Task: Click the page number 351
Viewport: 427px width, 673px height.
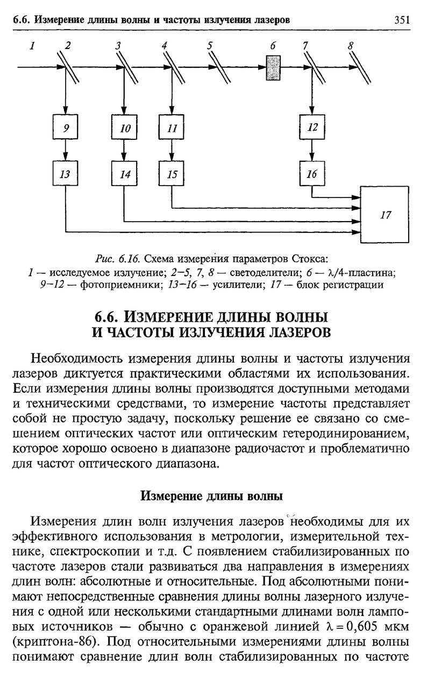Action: (x=402, y=20)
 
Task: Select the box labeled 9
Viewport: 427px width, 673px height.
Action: (x=66, y=127)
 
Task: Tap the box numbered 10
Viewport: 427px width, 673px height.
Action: (x=124, y=127)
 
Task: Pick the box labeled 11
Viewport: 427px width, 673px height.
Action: (x=172, y=127)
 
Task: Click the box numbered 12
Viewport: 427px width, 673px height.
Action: (x=312, y=127)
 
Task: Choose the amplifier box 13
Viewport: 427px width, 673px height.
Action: (x=66, y=173)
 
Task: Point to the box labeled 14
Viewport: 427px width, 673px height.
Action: (x=124, y=173)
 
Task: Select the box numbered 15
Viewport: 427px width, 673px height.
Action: (x=172, y=173)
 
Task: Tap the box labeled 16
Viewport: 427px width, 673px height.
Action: (x=312, y=173)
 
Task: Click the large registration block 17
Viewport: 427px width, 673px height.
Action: (x=385, y=215)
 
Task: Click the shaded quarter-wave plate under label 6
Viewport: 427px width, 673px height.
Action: (x=273, y=68)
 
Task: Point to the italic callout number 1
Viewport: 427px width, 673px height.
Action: (x=32, y=46)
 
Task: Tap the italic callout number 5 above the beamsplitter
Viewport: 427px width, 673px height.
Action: (x=210, y=46)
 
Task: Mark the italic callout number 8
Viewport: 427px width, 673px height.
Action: (x=350, y=46)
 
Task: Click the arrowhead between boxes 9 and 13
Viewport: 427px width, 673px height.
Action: (x=66, y=157)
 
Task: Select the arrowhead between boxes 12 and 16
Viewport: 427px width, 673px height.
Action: (x=312, y=157)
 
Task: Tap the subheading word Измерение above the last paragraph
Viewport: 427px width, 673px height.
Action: (x=172, y=496)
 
